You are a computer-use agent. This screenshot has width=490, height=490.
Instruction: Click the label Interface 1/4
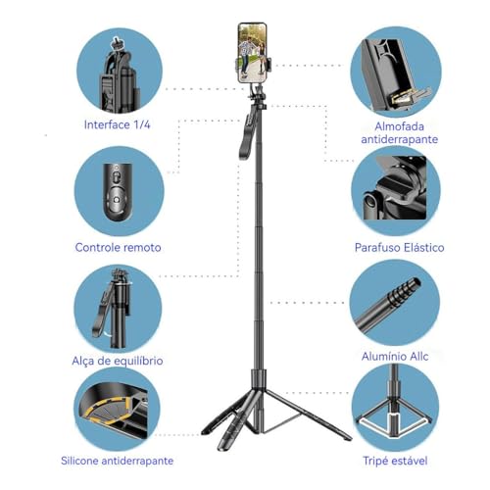117,124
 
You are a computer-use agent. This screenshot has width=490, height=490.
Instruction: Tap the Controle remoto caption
118,247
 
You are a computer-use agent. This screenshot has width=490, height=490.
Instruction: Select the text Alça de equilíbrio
118,361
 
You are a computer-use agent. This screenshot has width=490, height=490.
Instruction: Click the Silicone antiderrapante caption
117,461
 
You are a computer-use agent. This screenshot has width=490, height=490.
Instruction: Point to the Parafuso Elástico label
399,247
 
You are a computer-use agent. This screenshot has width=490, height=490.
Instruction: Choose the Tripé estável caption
395,461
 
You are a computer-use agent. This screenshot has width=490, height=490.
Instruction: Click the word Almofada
399,126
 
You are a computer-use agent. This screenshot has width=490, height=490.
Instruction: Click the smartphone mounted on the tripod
252,53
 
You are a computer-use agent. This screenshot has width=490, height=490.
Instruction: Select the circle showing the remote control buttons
120,191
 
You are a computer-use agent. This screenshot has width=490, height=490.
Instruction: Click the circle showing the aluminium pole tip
394,303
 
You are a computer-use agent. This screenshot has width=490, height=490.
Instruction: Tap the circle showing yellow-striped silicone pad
117,408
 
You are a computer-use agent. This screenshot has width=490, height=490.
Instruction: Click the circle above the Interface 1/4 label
120,72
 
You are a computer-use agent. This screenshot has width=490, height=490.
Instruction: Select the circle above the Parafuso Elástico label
396,191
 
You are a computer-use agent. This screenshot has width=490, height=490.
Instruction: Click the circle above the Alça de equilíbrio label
118,309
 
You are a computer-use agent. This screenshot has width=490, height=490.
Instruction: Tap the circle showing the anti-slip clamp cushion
396,73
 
